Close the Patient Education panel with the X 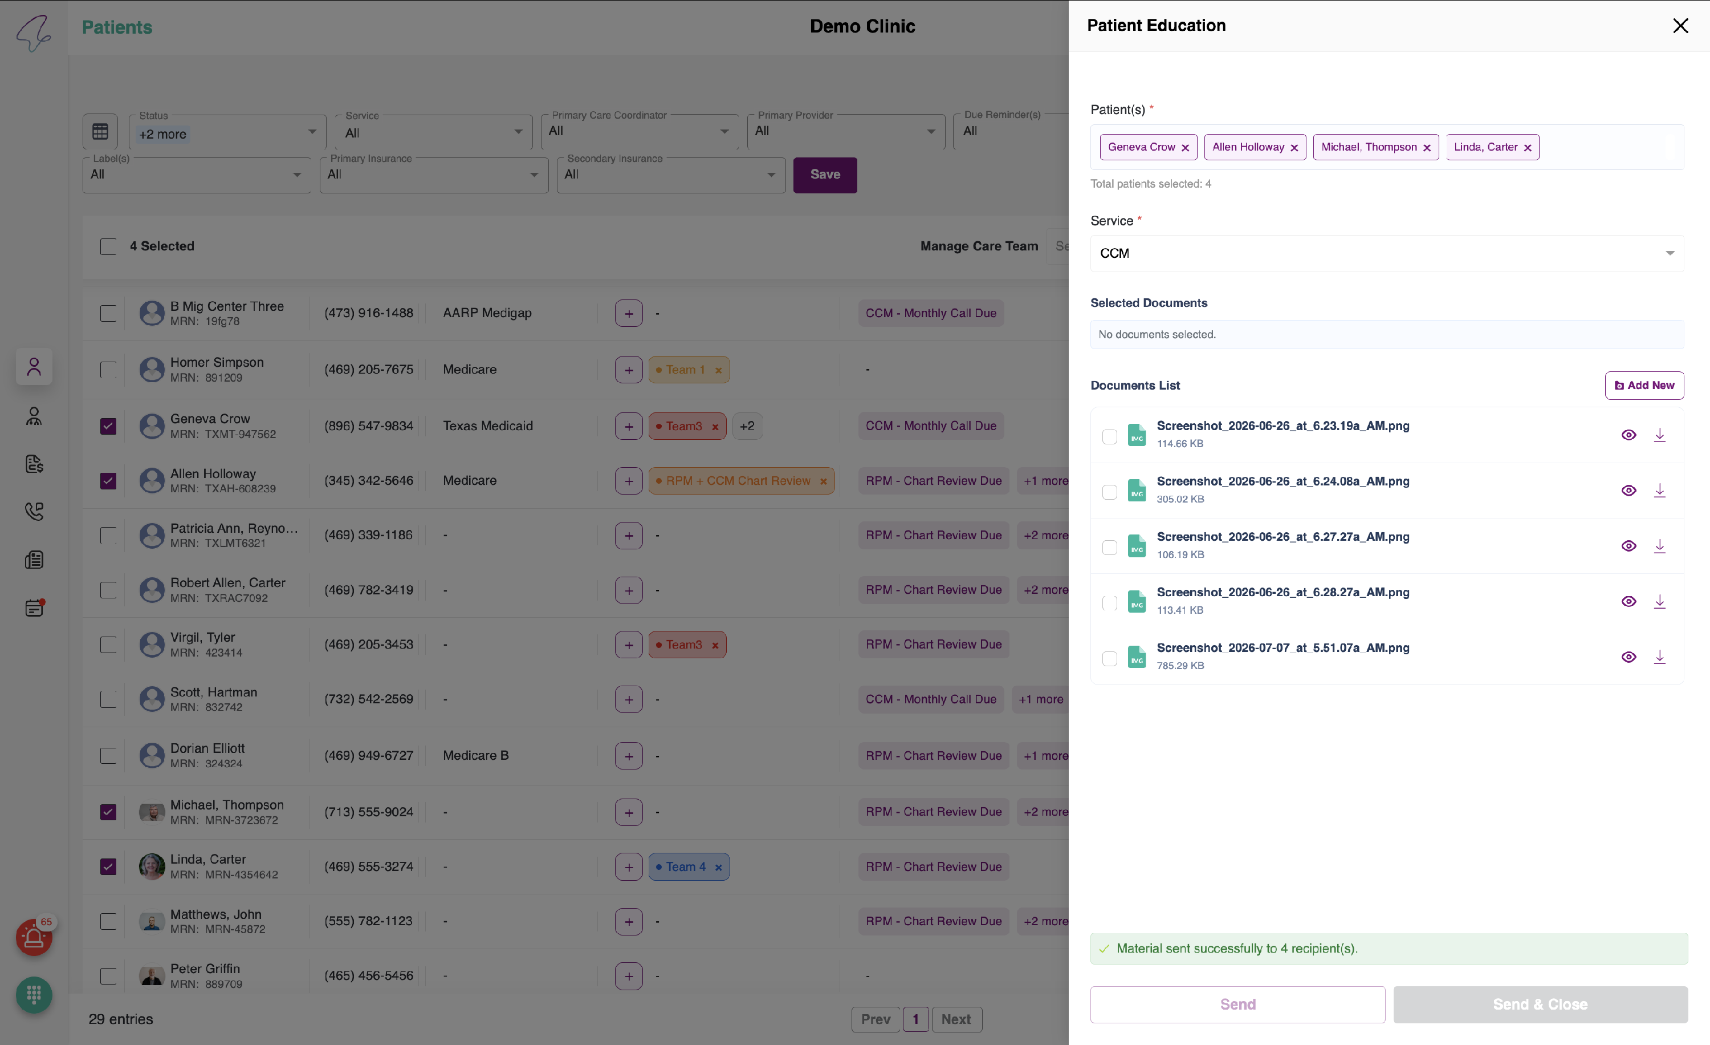(1680, 26)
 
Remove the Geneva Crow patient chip (1186, 148)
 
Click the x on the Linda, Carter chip (1528, 148)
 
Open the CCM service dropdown (1387, 253)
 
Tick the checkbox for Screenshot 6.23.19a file (1110, 436)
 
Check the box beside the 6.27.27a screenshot (1110, 547)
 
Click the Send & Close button (1540, 1004)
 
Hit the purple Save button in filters (824, 175)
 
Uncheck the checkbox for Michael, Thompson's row (108, 812)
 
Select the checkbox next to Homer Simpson (108, 370)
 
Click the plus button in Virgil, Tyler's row (629, 645)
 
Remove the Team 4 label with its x (718, 867)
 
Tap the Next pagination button (956, 1019)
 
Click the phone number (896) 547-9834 (369, 426)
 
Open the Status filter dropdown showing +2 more (227, 132)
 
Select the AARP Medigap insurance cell (487, 313)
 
